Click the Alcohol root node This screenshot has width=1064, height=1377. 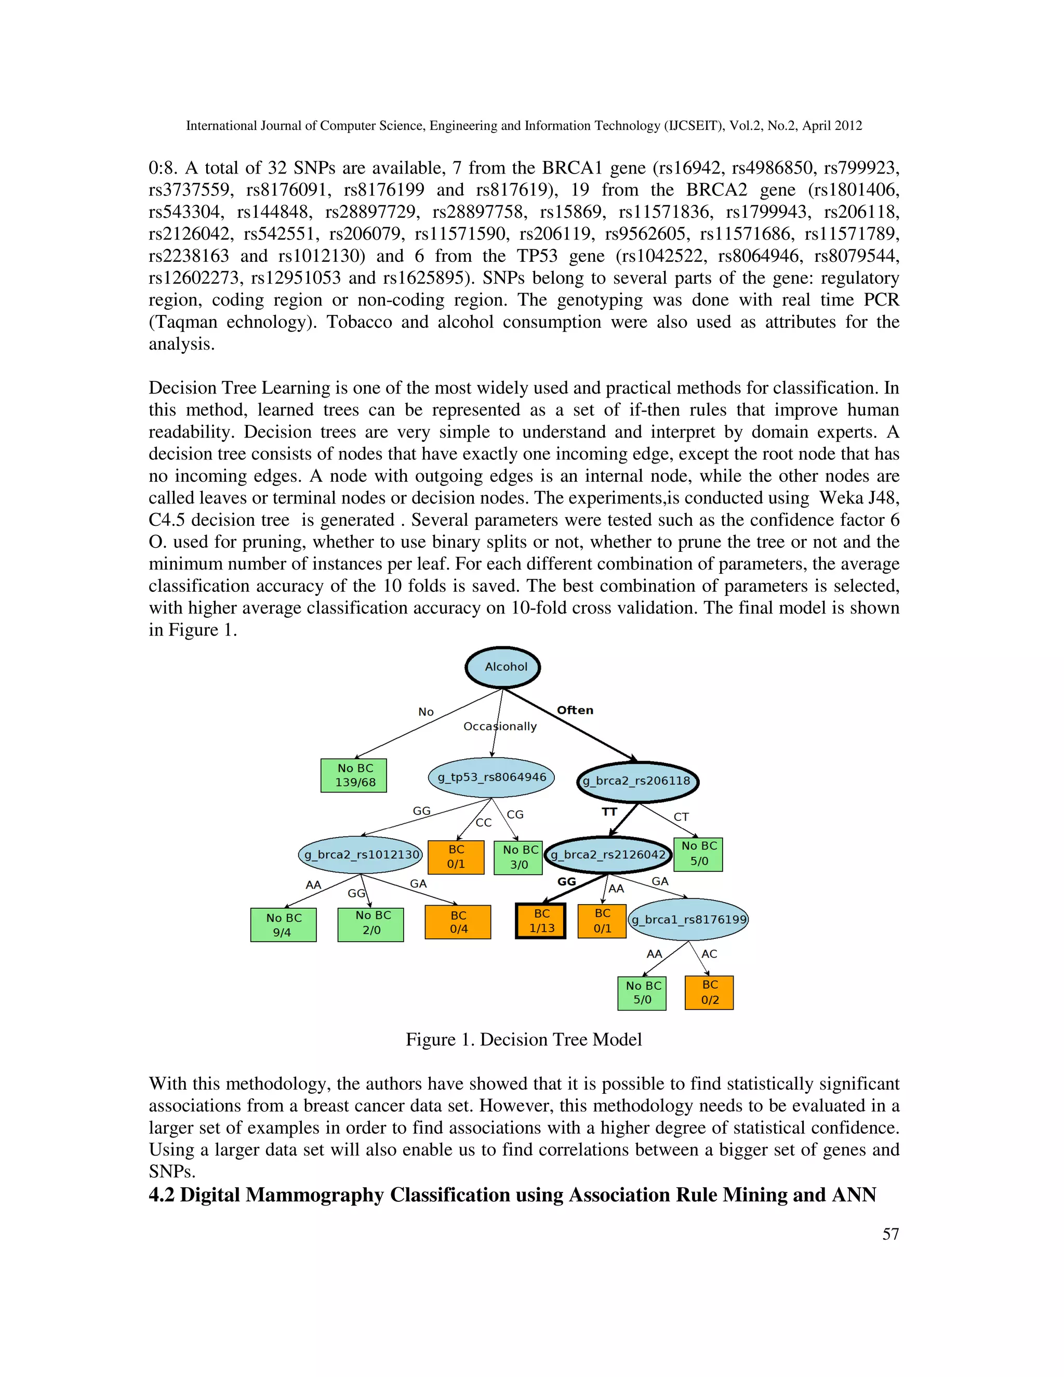point(502,667)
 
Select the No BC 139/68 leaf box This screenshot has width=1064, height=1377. point(354,775)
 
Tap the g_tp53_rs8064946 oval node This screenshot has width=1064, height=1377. point(491,777)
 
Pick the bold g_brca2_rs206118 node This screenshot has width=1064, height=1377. point(637,781)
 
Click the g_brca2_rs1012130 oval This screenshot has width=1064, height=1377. point(361,855)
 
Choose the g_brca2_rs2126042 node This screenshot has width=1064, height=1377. point(608,855)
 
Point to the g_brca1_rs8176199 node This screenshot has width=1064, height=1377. point(688,920)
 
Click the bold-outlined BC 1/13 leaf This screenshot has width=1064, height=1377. point(541,921)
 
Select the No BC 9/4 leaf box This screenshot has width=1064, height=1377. point(284,925)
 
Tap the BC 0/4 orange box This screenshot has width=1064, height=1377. point(458,922)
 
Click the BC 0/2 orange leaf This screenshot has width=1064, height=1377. point(709,992)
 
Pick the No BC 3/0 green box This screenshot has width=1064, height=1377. point(518,857)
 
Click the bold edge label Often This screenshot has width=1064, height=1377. point(575,710)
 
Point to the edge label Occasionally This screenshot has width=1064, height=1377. point(500,726)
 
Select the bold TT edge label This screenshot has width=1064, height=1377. point(609,812)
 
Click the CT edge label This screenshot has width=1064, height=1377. point(681,817)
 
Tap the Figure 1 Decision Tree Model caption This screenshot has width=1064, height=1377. point(524,1040)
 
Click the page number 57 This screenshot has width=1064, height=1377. point(890,1234)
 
